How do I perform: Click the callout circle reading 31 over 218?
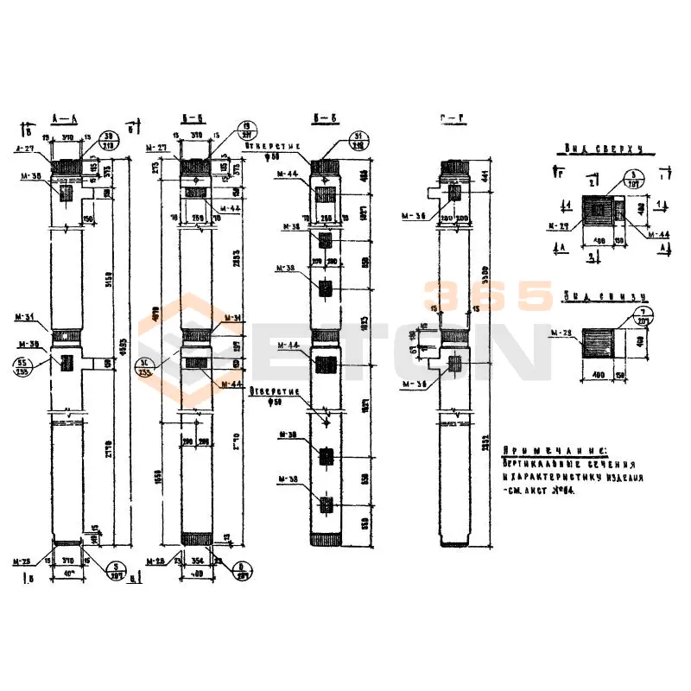358,141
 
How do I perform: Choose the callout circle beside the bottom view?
643,315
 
